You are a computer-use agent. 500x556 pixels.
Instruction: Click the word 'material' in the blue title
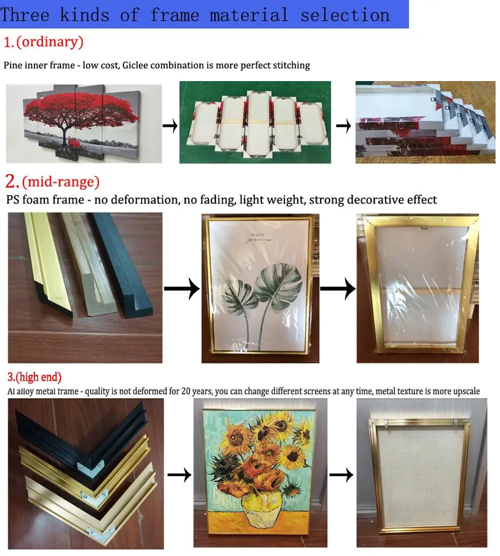point(249,15)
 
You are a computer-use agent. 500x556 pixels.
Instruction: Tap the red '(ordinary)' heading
point(50,42)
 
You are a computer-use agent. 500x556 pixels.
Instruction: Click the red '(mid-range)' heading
point(61,182)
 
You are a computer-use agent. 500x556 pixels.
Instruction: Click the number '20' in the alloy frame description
point(186,391)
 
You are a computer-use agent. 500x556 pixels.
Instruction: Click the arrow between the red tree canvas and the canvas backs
point(170,126)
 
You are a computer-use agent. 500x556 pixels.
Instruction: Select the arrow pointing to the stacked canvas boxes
point(343,126)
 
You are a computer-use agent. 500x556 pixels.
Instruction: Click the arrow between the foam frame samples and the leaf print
point(182,289)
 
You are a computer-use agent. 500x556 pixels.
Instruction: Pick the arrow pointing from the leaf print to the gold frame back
point(338,289)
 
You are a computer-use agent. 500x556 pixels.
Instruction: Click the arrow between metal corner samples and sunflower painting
point(179,475)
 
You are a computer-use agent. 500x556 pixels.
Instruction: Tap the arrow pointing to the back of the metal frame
point(341,475)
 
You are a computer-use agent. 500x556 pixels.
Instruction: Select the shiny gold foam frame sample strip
point(48,262)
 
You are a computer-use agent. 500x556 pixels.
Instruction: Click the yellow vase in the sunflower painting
point(262,507)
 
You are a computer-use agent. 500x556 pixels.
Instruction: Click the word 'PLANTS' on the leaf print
point(258,235)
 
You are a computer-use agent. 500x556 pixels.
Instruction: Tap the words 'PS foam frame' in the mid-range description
point(45,200)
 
